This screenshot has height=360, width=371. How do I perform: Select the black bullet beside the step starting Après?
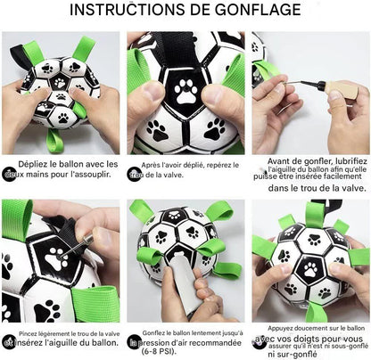134,174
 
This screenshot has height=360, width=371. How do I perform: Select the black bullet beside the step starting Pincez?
9,341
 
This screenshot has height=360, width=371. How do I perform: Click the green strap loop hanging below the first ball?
56,142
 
